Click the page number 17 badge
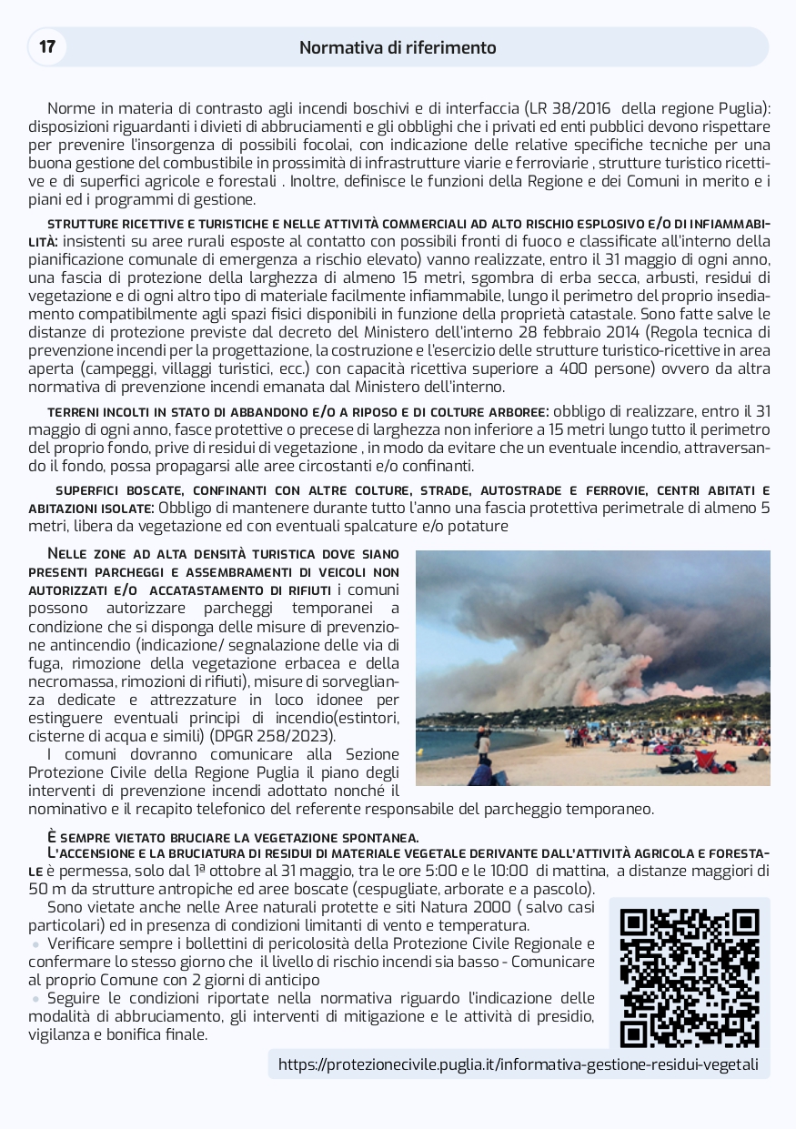pos(47,46)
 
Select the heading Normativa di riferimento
pos(398,47)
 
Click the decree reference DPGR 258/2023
pos(270,735)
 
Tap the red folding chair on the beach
pos(705,757)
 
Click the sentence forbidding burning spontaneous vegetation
pos(233,837)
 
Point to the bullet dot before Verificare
pos(36,944)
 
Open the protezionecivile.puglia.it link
pos(518,1064)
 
